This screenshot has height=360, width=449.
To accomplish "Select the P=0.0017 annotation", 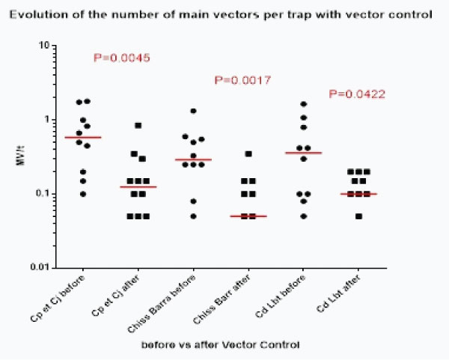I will point(242,79).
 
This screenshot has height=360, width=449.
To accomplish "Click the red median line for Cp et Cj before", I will point(83,138).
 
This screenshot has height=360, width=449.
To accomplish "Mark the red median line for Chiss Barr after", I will point(249,216).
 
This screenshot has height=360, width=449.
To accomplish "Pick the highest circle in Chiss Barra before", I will point(193,111).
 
